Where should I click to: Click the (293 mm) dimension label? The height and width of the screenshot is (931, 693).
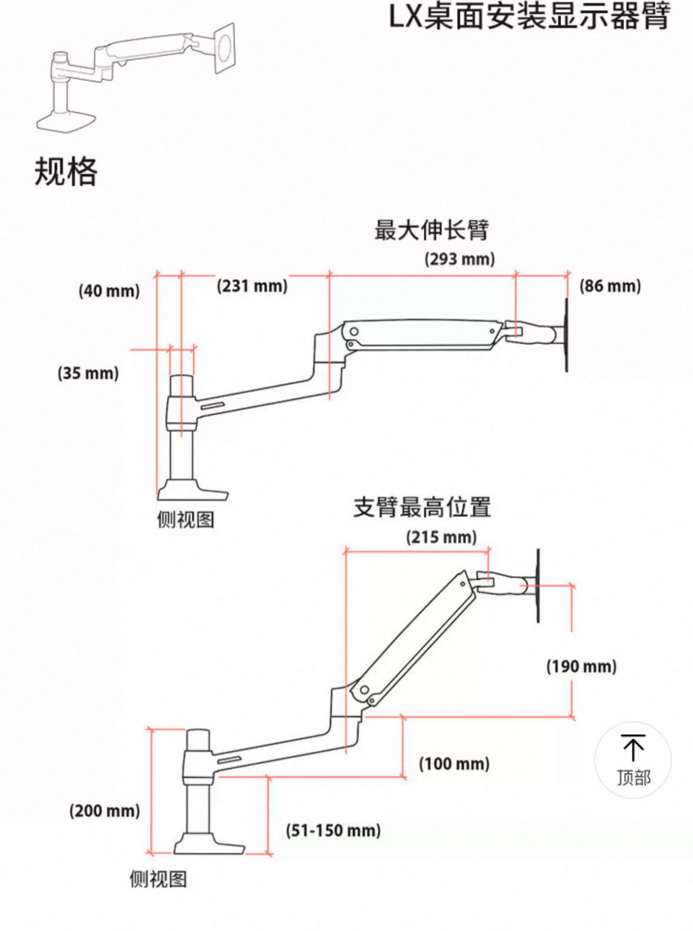click(460, 259)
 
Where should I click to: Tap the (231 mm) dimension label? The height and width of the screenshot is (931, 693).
click(252, 286)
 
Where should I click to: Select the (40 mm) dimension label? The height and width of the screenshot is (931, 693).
click(109, 291)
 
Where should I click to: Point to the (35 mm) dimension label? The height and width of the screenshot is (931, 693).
click(88, 373)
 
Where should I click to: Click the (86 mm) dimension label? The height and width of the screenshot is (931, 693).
click(610, 286)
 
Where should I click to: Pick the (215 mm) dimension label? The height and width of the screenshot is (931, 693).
click(441, 537)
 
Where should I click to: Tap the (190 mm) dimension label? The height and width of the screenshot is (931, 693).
click(582, 667)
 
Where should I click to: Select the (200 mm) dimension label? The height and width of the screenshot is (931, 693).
click(105, 811)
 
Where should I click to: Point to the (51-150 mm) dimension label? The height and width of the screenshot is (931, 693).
click(333, 831)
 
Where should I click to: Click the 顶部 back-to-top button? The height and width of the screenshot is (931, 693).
click(633, 760)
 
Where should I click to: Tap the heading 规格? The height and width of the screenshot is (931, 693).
click(66, 172)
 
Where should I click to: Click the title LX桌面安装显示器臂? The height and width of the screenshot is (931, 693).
click(529, 17)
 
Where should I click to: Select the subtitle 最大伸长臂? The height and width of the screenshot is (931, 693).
click(432, 230)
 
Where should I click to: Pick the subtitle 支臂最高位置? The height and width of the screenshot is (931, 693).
click(422, 507)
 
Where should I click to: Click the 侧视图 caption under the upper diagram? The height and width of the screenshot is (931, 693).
click(186, 520)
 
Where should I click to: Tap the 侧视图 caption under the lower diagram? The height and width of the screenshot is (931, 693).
click(158, 879)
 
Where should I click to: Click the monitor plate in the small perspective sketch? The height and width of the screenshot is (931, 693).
click(225, 49)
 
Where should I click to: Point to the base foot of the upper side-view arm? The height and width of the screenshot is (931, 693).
click(193, 489)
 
